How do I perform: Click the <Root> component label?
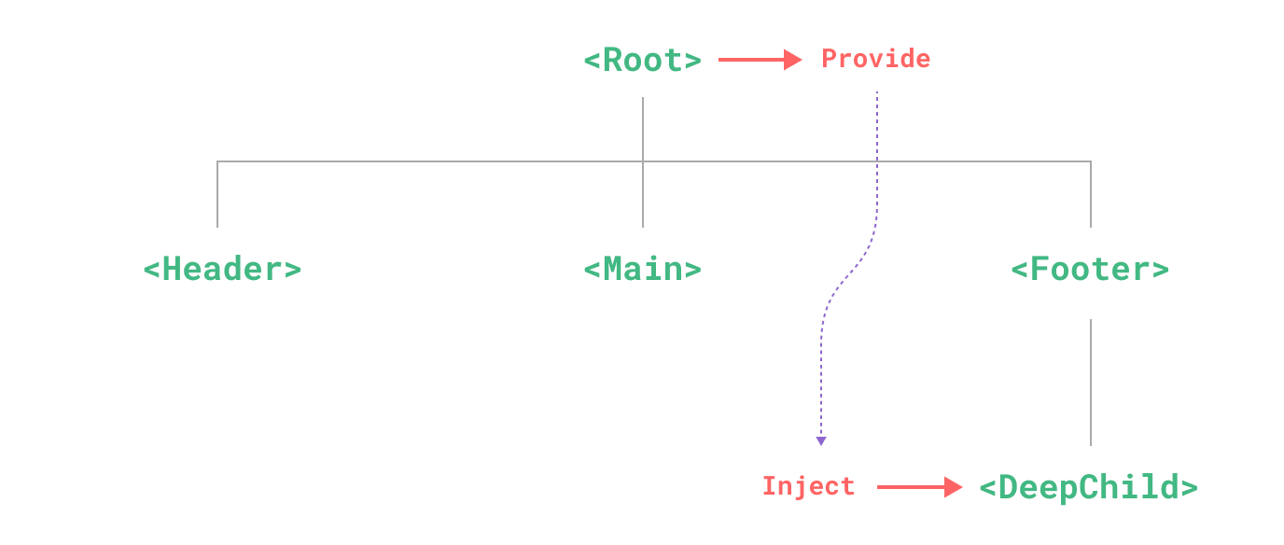pyautogui.click(x=642, y=61)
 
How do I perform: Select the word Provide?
pyautogui.click(x=875, y=59)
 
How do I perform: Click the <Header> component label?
pyautogui.click(x=222, y=270)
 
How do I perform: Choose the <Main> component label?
pyautogui.click(x=642, y=270)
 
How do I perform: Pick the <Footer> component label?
pyautogui.click(x=1090, y=270)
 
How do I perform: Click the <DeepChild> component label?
pyautogui.click(x=1088, y=487)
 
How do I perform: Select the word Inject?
pyautogui.click(x=808, y=486)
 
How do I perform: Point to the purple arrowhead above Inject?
pyautogui.click(x=820, y=440)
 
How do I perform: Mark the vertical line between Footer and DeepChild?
pyautogui.click(x=1091, y=383)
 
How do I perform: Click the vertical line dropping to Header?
pyautogui.click(x=217, y=194)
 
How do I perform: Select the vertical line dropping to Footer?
pyautogui.click(x=1091, y=194)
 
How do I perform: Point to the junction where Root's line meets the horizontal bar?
pyautogui.click(x=643, y=161)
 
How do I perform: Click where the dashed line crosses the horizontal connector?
pyautogui.click(x=877, y=161)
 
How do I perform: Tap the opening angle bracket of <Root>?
pyautogui.click(x=592, y=61)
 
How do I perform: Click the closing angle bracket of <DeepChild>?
pyautogui.click(x=1189, y=487)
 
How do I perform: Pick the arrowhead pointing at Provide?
pyautogui.click(x=793, y=60)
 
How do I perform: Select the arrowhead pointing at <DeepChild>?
pyautogui.click(x=954, y=487)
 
